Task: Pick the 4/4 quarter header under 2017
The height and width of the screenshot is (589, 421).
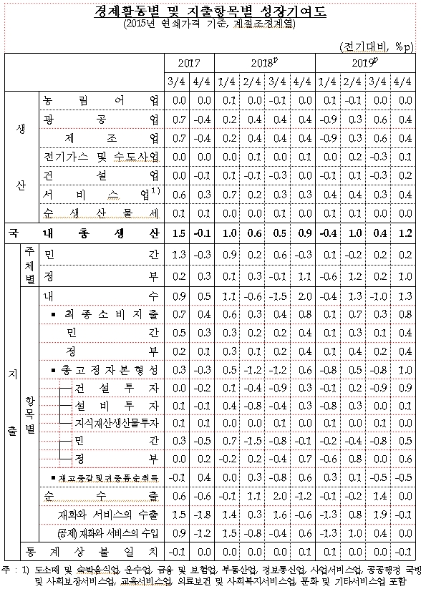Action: (x=203, y=81)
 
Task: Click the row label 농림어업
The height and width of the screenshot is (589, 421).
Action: (x=101, y=100)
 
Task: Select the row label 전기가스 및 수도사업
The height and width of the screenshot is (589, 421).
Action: (x=101, y=156)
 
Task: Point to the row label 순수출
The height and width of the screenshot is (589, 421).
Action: (x=101, y=495)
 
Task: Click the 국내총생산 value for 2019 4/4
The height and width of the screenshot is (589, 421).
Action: (x=405, y=233)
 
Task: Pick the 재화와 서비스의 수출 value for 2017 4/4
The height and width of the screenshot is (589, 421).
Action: (x=203, y=514)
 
